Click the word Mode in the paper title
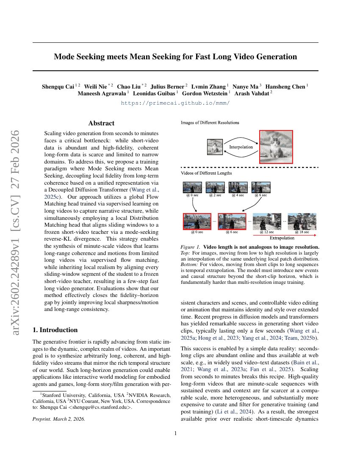point(65,57)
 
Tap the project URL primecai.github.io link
point(175,103)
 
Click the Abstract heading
point(101,123)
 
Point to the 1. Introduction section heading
point(55,330)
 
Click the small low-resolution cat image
point(215,147)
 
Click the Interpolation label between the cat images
point(241,147)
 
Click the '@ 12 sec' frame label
point(267,232)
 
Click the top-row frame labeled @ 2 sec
point(215,188)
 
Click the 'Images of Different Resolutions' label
point(210,123)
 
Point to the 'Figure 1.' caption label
point(190,247)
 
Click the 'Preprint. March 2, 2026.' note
point(59,419)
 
